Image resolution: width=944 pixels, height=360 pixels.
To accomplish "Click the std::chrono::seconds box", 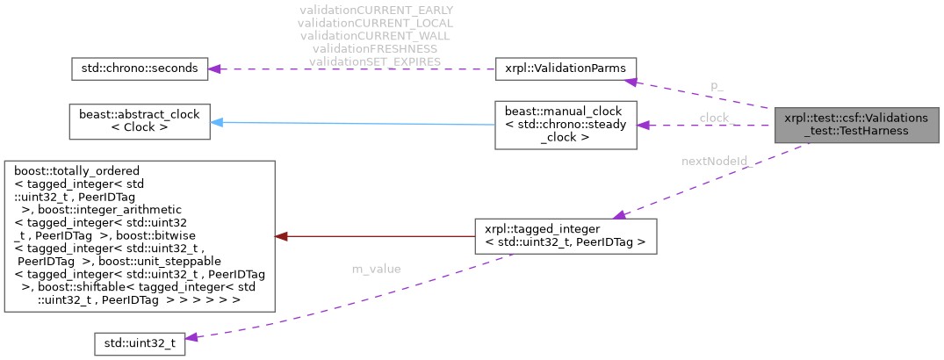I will [x=139, y=68].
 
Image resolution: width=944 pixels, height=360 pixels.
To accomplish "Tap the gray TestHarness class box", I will [x=855, y=124].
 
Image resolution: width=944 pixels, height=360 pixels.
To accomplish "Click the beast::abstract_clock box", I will [x=139, y=121].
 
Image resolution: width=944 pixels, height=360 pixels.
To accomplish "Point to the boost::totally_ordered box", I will [x=140, y=235].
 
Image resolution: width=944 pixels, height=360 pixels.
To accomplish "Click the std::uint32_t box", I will [x=140, y=342].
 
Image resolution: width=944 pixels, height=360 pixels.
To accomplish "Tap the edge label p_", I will [x=717, y=85].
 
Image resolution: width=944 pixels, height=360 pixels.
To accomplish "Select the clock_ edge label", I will [x=717, y=117].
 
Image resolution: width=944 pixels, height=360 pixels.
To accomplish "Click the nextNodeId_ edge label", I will [x=717, y=161].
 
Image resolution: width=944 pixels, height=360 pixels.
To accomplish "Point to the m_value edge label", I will [x=376, y=268].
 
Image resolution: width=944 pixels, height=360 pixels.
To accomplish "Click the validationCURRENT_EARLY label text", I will [x=376, y=11].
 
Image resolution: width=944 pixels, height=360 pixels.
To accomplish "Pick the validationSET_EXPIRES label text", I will [x=376, y=61].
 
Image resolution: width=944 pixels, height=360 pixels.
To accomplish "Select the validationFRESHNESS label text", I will [x=376, y=48].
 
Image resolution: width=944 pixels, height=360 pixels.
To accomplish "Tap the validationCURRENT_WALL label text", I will [x=376, y=36].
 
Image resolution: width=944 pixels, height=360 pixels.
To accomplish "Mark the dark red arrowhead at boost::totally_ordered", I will [x=281, y=235].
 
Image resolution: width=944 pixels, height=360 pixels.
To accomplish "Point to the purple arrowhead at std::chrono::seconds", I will [x=216, y=68].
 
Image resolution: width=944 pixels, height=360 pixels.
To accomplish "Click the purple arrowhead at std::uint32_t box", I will [x=192, y=337].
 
